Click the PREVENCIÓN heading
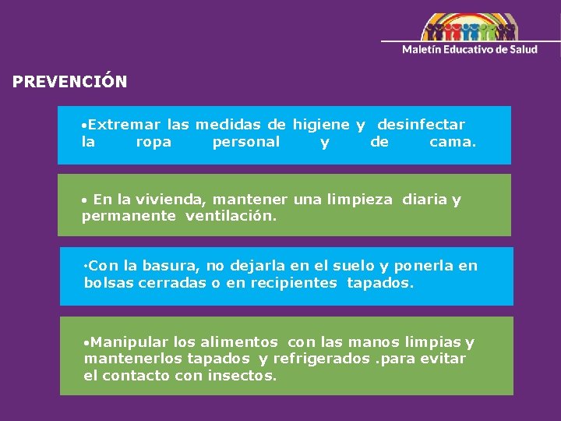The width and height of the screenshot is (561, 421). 69,81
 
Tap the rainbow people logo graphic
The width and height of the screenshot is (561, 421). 469,27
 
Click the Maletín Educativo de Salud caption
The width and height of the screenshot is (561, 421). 469,49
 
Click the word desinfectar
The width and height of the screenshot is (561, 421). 421,125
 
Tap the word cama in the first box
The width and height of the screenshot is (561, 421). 450,142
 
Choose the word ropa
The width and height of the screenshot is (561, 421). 153,142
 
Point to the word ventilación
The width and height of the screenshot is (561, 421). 231,216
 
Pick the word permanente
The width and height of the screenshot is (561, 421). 129,216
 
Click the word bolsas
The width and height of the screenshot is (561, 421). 109,282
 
